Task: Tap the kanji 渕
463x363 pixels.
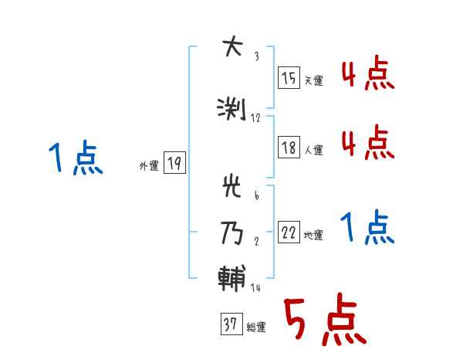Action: tap(231, 109)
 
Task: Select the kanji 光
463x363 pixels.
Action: tap(231, 188)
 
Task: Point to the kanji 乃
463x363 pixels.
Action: tap(231, 232)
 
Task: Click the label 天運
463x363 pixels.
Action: tap(314, 81)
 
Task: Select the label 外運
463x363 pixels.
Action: tap(149, 165)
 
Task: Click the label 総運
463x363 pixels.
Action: tap(256, 327)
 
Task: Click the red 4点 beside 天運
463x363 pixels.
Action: tap(367, 74)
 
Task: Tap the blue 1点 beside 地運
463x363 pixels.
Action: tap(367, 228)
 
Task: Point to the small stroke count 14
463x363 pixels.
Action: tap(256, 288)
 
